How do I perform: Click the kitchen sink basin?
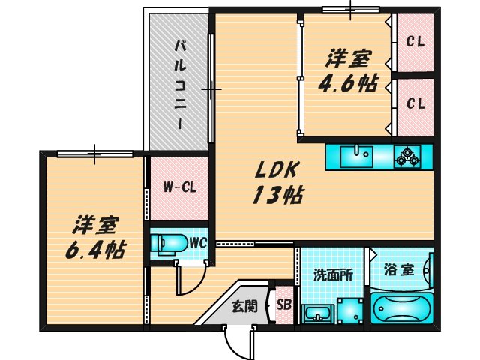pos(355,157)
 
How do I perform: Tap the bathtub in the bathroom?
pos(401,308)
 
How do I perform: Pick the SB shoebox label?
pos(284,304)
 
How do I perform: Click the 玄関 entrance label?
pos(244,305)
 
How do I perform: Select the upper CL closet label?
pos(415,42)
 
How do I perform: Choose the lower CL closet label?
pos(415,104)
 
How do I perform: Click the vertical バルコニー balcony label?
pos(181,82)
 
